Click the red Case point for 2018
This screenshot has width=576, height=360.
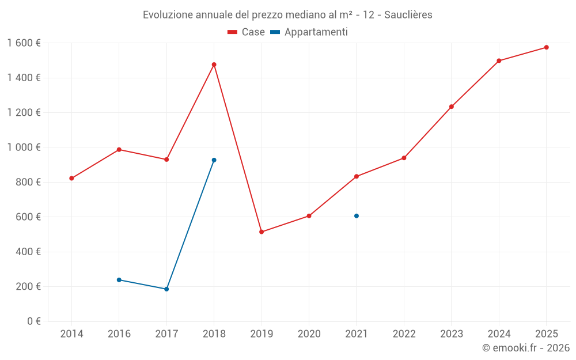(214, 65)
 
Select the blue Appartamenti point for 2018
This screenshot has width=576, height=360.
(214, 160)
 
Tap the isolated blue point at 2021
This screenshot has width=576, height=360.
(357, 216)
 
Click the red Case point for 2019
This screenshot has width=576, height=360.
(262, 232)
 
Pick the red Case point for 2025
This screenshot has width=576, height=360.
(546, 47)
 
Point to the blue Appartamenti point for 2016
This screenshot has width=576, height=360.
(119, 280)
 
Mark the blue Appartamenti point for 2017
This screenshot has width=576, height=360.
(166, 289)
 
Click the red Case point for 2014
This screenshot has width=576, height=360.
(71, 179)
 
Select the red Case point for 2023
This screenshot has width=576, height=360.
(452, 107)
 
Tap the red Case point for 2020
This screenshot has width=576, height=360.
(309, 216)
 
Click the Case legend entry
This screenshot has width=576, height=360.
(247, 32)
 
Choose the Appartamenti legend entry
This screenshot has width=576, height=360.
(309, 32)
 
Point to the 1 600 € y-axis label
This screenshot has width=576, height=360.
(24, 43)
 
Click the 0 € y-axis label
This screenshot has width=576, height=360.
(32, 321)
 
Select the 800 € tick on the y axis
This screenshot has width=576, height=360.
(27, 182)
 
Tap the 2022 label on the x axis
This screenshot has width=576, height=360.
(404, 334)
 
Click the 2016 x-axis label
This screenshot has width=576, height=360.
(119, 334)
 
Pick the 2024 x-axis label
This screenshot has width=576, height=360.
(499, 334)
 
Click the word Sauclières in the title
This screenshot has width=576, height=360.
(408, 15)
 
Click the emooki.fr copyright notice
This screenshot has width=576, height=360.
(525, 348)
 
